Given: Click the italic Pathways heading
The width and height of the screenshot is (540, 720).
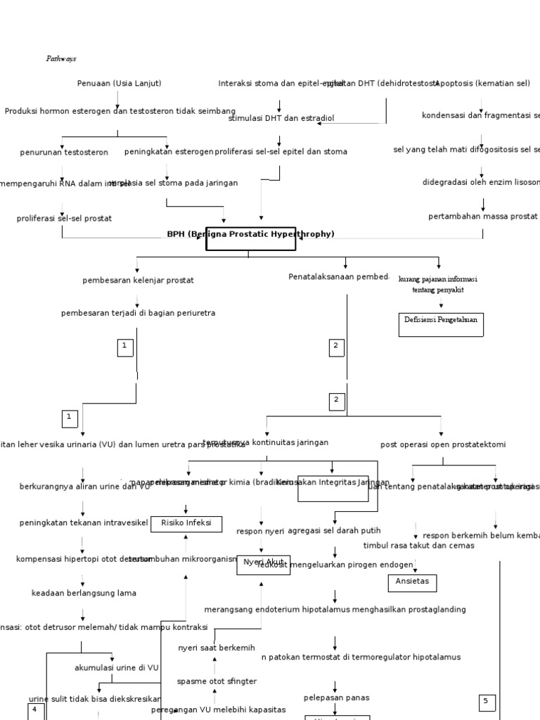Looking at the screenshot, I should tap(61, 59).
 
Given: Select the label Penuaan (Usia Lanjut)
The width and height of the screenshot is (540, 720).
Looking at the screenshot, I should tap(119, 84).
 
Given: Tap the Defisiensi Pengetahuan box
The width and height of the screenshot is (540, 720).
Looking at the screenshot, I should tap(441, 324).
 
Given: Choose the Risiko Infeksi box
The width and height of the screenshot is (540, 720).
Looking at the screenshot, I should tap(186, 524).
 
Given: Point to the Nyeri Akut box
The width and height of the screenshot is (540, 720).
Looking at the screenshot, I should tap(263, 564).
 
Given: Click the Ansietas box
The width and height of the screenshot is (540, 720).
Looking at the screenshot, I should tap(412, 583).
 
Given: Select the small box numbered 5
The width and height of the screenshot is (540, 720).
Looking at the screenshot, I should tap(487, 702).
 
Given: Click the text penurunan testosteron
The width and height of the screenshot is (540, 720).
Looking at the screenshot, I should tap(64, 152).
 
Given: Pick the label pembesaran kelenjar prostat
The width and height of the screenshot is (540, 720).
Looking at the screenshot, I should tap(138, 281).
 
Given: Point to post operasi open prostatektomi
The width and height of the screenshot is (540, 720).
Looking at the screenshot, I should tap(442, 445).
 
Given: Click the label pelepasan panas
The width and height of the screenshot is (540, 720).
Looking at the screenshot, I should tap(336, 698).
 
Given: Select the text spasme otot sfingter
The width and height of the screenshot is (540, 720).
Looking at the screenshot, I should tap(217, 682).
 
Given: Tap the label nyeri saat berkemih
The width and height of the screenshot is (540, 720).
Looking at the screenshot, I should tap(216, 648).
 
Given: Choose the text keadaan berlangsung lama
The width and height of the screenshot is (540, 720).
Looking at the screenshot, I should tap(84, 593).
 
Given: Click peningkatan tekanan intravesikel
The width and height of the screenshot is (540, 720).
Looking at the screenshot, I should tap(84, 523).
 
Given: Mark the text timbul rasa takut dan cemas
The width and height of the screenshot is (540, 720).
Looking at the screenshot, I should tap(418, 546).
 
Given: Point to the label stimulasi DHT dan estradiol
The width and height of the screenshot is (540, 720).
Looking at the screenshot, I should tap(281, 119).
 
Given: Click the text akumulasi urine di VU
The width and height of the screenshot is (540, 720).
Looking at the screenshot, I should tap(117, 668).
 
